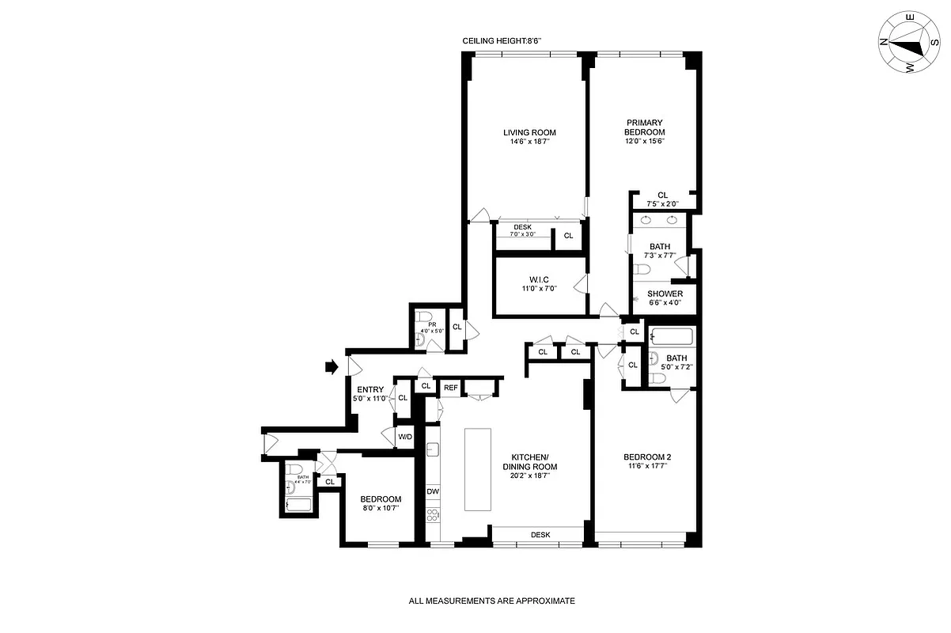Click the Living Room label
(x=530, y=132)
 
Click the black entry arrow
(x=332, y=366)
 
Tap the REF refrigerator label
(x=450, y=387)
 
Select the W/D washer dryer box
(x=405, y=437)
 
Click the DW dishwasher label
(x=433, y=491)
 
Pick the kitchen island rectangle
(x=477, y=470)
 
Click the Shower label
(x=665, y=294)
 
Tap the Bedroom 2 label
(x=646, y=457)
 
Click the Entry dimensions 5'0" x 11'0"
(x=370, y=399)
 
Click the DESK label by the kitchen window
(x=540, y=535)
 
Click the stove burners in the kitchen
(x=433, y=516)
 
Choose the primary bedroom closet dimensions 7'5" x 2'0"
(x=663, y=203)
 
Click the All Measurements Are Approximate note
(x=491, y=601)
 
